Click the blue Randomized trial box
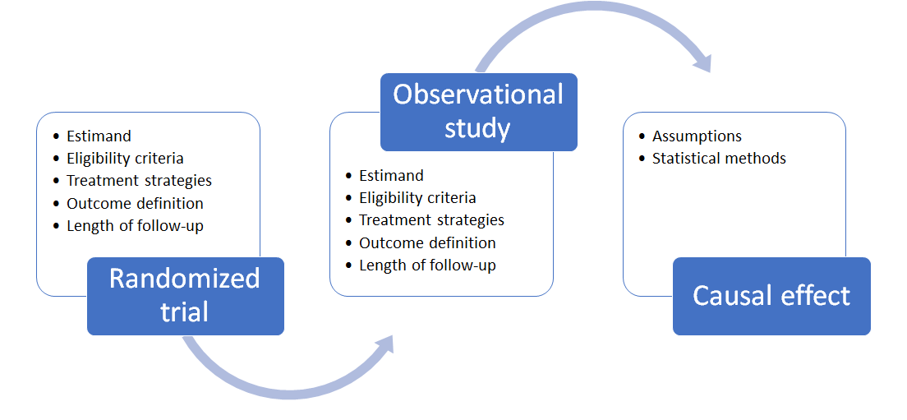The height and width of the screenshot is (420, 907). point(186,296)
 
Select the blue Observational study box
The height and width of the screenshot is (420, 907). point(478,113)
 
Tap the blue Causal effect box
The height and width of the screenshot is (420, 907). point(771,296)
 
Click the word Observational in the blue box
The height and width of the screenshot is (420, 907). point(478,95)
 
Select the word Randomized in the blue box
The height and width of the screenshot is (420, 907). point(185,279)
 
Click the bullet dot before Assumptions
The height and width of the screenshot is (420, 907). point(642,136)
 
